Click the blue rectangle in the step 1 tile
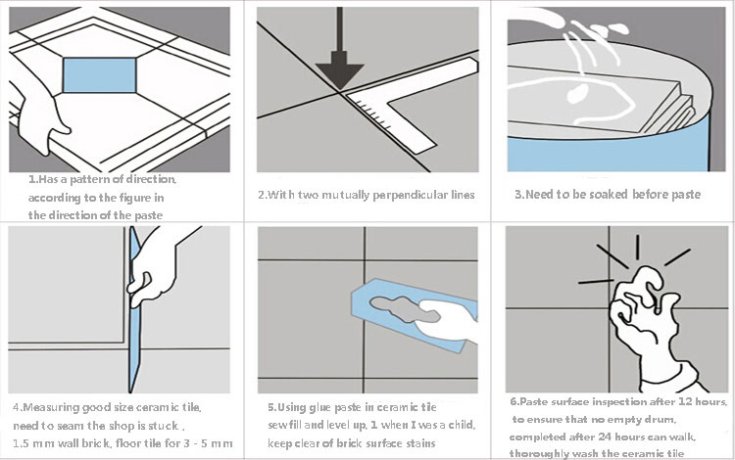click(99, 75)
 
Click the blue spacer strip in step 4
click(134, 310)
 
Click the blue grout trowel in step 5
click(413, 314)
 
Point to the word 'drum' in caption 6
click(661, 420)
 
